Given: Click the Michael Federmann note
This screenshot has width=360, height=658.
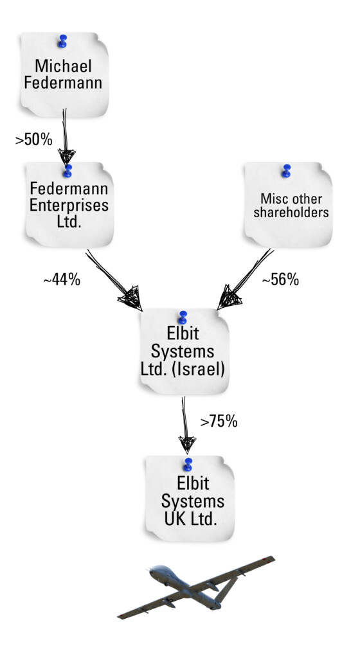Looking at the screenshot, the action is coord(64,75).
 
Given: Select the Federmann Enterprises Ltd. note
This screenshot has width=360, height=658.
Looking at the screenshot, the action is coord(69,204).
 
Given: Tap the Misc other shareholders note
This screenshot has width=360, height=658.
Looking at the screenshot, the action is coord(288,204).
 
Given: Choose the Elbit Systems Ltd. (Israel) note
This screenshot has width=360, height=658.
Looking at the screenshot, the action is coord(184,351).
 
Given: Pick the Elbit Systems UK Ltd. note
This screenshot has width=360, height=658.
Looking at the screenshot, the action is coord(190,499).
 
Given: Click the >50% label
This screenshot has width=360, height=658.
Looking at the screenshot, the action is coord(34,139).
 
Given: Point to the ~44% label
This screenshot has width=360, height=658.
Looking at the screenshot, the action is coord(62,280).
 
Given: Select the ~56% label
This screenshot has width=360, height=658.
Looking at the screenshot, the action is coord(281,279).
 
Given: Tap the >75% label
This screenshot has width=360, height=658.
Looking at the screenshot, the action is coord(219,422).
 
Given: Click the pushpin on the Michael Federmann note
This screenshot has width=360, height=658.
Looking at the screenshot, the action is coord(62,41).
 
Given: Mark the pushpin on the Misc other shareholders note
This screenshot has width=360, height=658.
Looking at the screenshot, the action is coord(287,171).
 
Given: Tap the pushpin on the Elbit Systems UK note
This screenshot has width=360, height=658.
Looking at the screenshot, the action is coord(188,465).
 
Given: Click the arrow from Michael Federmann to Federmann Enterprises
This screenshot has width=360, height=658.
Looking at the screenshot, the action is coord(66,136).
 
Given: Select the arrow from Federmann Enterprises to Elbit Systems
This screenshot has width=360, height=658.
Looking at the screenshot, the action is coord(114,280).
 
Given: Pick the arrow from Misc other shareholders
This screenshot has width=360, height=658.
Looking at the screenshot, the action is coord(246,280).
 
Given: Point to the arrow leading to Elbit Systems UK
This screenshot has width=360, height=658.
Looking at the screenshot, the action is coord(185,425).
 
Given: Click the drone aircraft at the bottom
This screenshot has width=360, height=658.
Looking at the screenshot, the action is coord(196,587).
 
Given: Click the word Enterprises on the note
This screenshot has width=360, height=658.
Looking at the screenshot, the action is coord(69,206).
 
